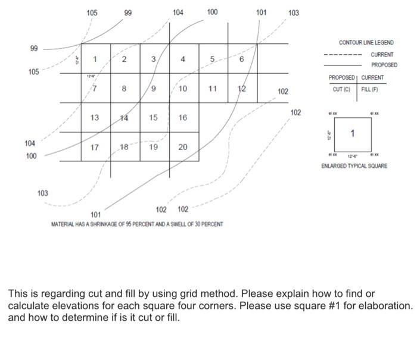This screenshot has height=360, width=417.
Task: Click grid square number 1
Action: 95,58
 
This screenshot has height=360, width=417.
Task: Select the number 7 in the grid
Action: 95,88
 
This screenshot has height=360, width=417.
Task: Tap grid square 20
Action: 183,147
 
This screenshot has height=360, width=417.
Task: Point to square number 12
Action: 241,88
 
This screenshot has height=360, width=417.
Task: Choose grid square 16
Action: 183,117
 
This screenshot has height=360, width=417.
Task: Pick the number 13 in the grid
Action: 95,117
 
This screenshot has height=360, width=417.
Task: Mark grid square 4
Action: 183,58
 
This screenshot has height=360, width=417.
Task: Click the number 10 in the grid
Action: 183,88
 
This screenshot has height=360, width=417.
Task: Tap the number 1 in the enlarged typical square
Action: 353,133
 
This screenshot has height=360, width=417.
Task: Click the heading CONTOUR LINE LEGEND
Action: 366,43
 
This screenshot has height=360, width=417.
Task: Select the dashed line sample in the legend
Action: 343,55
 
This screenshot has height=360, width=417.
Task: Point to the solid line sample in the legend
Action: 343,65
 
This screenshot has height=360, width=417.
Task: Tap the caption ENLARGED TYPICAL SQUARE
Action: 354,166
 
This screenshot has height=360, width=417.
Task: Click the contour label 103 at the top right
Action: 294,12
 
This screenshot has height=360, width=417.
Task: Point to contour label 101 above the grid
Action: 261,12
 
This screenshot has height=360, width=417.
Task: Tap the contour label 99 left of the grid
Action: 34,48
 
